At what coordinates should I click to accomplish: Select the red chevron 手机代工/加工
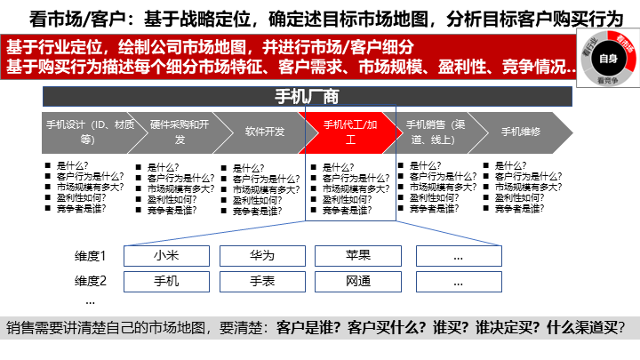coord(349,132)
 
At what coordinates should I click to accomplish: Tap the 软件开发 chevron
coord(264,132)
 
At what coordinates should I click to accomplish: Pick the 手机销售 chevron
coord(435,132)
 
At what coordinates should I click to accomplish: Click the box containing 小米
coord(166,256)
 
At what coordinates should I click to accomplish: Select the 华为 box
coord(262,256)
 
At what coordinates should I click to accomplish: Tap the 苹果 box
coord(358,256)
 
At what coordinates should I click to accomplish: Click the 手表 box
coord(262,282)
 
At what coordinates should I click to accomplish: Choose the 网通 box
coord(358,282)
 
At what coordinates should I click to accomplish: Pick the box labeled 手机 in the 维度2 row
coord(166,282)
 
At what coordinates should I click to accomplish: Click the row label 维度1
coord(90,256)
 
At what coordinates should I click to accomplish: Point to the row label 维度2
coord(90,282)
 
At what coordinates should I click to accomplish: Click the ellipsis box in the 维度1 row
coord(459,256)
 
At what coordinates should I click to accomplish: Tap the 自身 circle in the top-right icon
coord(608,59)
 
